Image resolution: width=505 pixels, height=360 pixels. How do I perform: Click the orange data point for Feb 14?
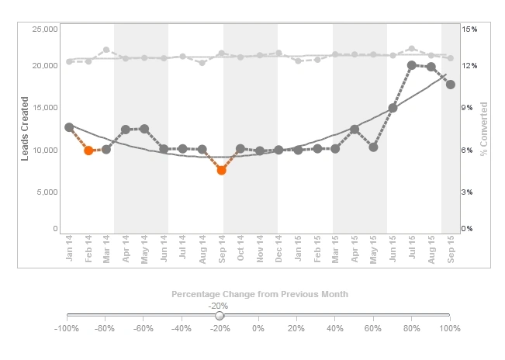pyautogui.click(x=88, y=151)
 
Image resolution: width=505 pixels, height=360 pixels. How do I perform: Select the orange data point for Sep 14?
pyautogui.click(x=221, y=170)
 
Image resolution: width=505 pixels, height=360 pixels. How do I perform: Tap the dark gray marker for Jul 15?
pyautogui.click(x=412, y=66)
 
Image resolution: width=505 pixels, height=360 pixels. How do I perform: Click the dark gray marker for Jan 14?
pyautogui.click(x=69, y=127)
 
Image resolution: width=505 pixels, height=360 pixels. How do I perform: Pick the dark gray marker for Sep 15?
pyautogui.click(x=450, y=84)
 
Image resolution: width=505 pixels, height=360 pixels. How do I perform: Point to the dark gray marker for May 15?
pyautogui.click(x=373, y=147)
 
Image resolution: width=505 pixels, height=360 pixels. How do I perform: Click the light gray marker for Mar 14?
pyautogui.click(x=106, y=50)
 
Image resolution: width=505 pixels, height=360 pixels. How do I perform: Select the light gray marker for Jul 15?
pyautogui.click(x=412, y=49)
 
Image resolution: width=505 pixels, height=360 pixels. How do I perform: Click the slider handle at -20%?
pyautogui.click(x=220, y=316)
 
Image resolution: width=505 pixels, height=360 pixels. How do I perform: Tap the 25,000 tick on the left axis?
pyautogui.click(x=44, y=29)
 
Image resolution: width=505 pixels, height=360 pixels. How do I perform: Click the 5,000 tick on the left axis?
pyautogui.click(x=47, y=192)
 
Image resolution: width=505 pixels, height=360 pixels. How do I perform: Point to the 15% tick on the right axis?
pyautogui.click(x=469, y=29)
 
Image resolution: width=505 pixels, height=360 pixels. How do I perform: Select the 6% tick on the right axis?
pyautogui.click(x=468, y=150)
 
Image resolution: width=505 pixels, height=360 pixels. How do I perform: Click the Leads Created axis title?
pyautogui.click(x=25, y=129)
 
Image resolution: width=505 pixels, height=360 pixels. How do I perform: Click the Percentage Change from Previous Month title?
pyautogui.click(x=259, y=295)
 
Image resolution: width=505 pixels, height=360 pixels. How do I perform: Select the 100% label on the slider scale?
pyautogui.click(x=449, y=329)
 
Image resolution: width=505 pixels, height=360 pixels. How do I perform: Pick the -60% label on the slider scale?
pyautogui.click(x=143, y=329)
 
